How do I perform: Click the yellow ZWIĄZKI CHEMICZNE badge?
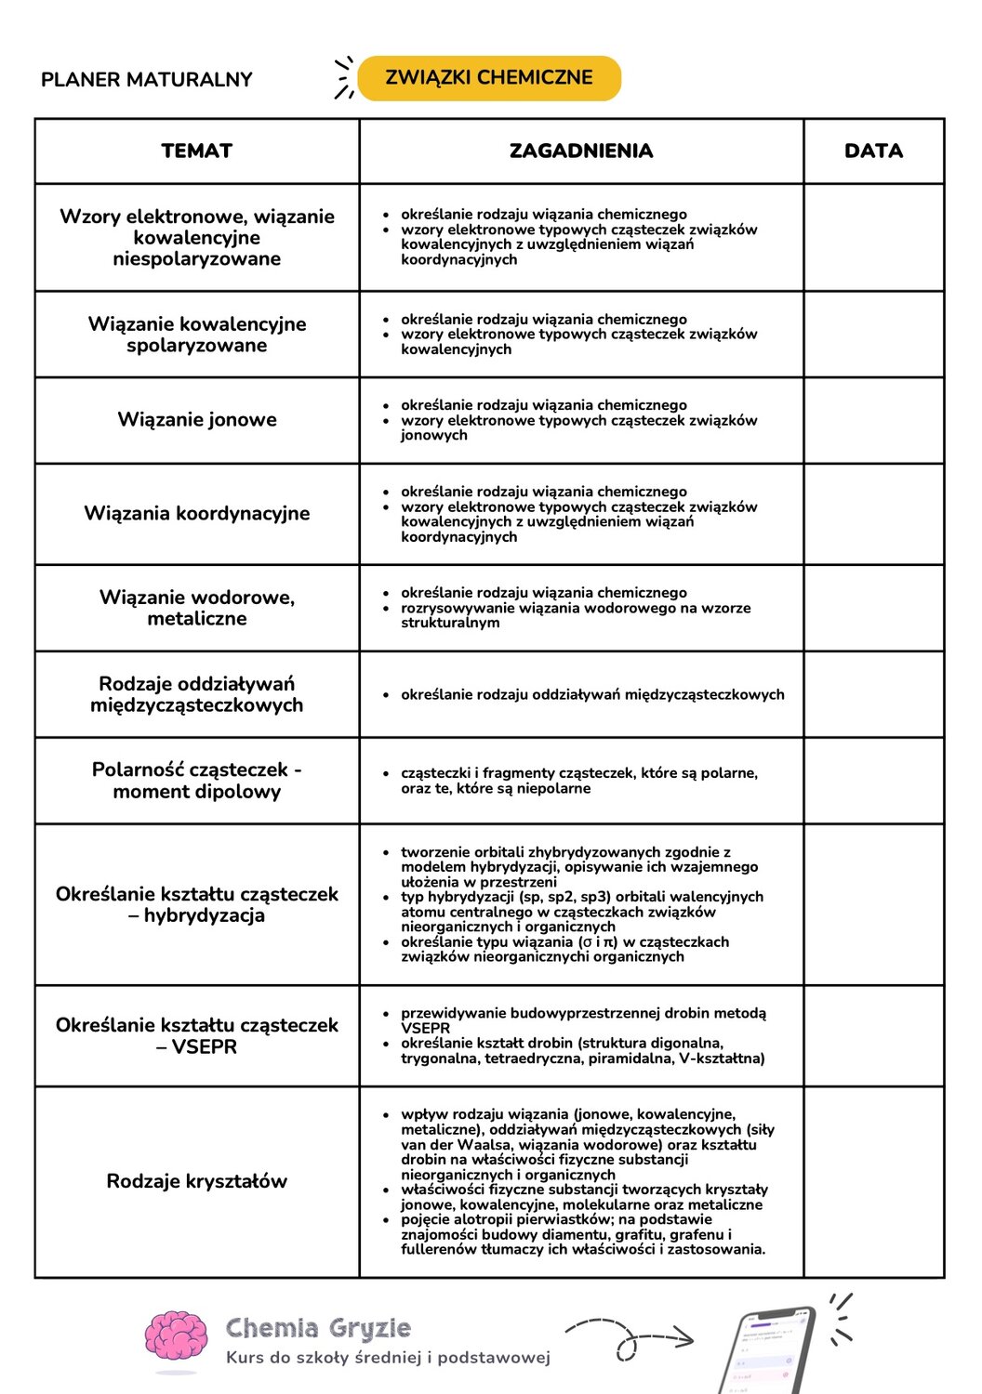489,78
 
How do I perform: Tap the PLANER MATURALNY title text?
147,80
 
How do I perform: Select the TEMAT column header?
196,151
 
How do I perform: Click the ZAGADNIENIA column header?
581,151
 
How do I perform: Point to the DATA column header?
873,151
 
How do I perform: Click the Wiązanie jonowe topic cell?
197,420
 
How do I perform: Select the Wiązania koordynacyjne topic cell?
197,514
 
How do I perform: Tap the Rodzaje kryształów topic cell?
197,1181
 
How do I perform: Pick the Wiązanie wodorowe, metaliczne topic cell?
197,608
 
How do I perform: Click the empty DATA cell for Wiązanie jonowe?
873,420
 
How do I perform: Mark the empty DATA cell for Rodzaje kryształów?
873,1181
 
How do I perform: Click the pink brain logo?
176,1339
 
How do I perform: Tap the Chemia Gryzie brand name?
318,1328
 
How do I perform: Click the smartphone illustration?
767,1352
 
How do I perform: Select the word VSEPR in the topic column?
204,1047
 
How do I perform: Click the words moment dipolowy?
197,792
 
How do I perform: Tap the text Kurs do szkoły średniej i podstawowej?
388,1358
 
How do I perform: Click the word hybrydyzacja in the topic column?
205,915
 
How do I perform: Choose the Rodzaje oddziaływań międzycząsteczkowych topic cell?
197,694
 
